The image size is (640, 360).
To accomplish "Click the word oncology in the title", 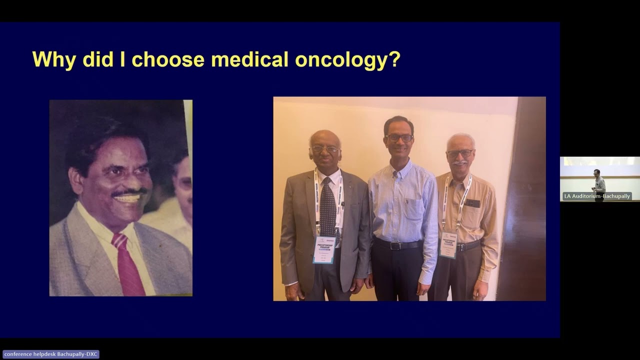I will (347, 59).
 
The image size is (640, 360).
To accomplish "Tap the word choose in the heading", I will (168, 59).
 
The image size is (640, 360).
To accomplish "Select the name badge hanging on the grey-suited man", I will (324, 249).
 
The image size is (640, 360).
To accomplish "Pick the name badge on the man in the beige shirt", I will (448, 245).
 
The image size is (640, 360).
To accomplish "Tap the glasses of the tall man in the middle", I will (399, 137).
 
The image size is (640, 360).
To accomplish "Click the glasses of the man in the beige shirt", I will (459, 153).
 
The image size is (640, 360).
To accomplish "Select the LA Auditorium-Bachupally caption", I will (596, 196).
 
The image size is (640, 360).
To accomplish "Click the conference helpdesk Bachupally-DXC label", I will (50, 354).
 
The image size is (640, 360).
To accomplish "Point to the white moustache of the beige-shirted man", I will (460, 162).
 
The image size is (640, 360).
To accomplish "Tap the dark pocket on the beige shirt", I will (471, 203).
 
